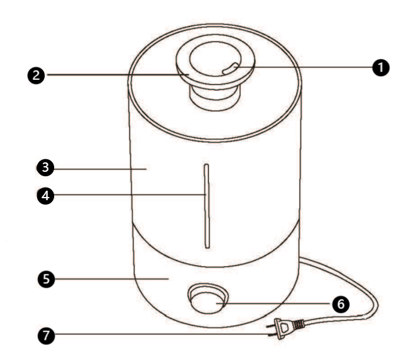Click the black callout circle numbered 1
click(380, 68)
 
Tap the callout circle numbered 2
click(36, 76)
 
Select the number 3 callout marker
click(45, 167)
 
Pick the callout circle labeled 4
click(45, 196)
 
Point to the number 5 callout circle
click(47, 279)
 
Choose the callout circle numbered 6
click(341, 305)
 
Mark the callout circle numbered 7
click(47, 335)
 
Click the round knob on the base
click(208, 299)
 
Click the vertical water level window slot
click(207, 206)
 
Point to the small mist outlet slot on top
click(230, 69)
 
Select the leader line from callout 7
click(162, 335)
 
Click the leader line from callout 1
click(303, 67)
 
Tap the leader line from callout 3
click(100, 169)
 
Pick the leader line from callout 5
click(111, 279)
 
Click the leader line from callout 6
click(274, 303)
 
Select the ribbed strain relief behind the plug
click(299, 325)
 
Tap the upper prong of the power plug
click(270, 326)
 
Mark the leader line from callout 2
click(118, 75)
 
